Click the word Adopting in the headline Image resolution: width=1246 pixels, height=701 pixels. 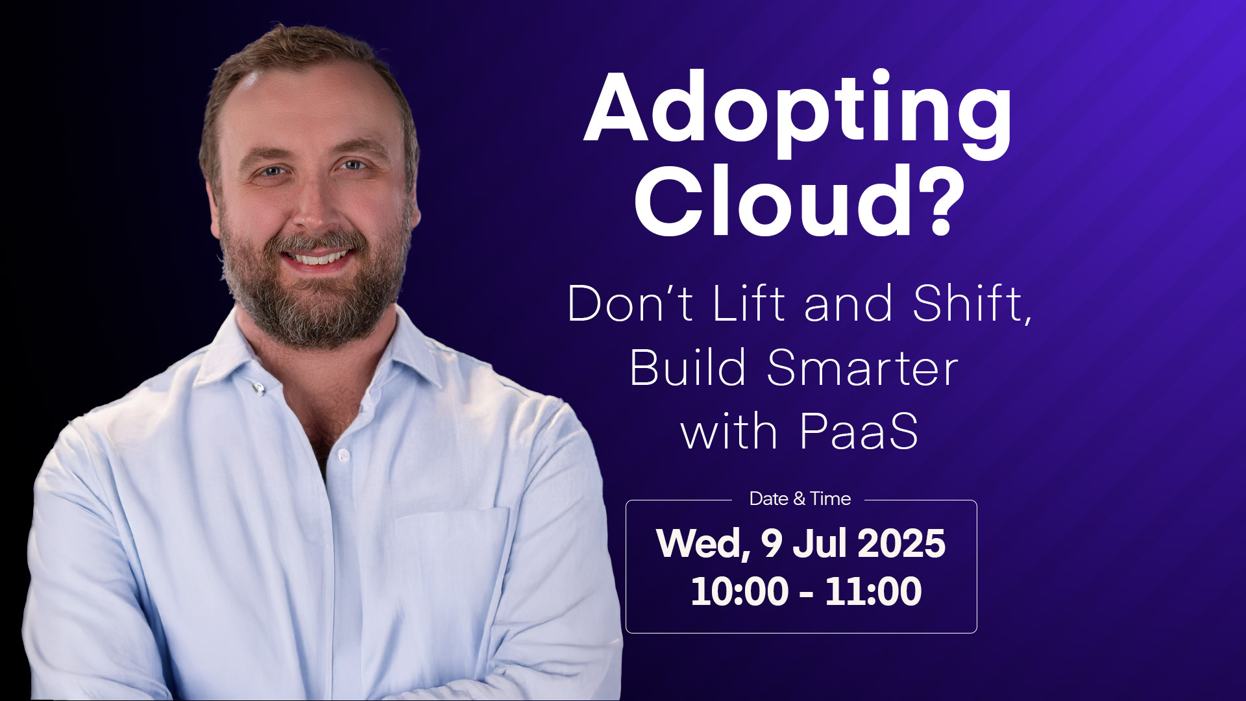point(798,115)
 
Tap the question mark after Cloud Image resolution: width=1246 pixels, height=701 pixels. point(932,199)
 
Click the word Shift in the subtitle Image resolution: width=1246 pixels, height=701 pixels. point(971,303)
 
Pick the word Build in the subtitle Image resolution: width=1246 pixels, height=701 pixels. point(689,367)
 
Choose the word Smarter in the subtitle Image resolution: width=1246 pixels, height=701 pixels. point(862,368)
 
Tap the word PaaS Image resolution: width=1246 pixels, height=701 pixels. point(859,432)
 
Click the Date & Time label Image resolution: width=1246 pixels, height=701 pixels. point(800,498)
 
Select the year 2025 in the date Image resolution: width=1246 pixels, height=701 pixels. point(901,543)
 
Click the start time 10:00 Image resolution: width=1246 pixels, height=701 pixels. point(739,591)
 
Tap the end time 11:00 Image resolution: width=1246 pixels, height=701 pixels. point(873,591)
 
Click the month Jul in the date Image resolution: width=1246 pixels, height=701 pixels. point(818,543)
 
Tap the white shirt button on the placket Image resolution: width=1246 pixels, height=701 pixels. point(343,455)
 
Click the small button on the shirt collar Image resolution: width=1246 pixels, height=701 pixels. point(259,388)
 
